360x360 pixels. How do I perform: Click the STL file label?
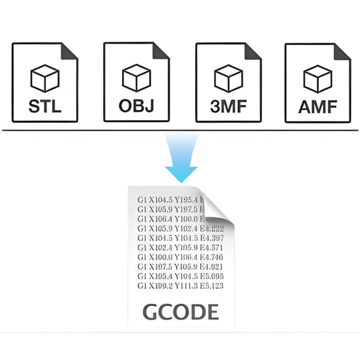click(44, 107)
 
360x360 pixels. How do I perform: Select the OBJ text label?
click(136, 106)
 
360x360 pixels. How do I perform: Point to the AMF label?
click(317, 107)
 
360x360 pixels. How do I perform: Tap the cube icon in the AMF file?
click(317, 79)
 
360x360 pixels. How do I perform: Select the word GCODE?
click(181, 311)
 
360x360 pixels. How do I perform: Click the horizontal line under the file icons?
click(180, 130)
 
